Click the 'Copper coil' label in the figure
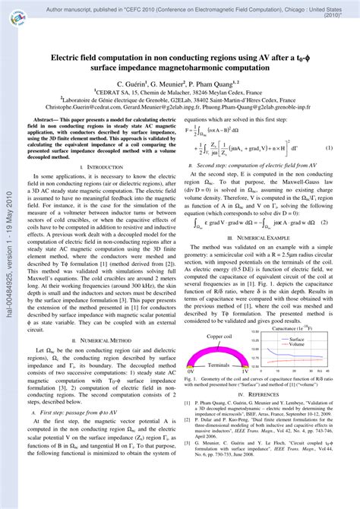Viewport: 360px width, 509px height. pos(219,335)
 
